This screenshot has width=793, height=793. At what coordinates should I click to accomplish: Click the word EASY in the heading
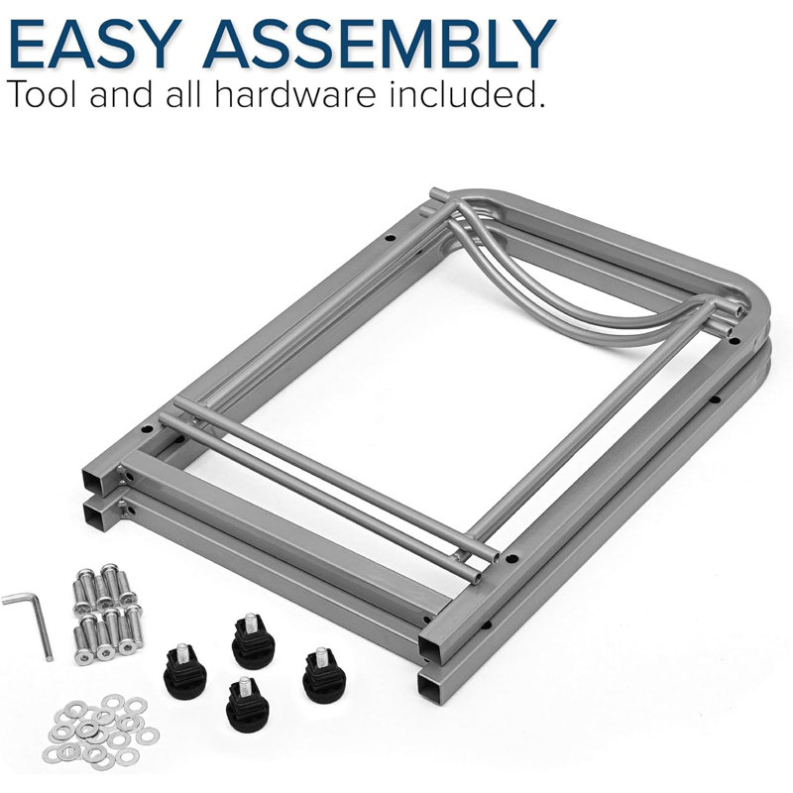(95, 44)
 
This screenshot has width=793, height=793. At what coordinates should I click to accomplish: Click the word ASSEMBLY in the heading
(380, 44)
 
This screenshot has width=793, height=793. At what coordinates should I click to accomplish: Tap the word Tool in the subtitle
(43, 93)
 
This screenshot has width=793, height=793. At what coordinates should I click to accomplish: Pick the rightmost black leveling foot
(324, 676)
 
